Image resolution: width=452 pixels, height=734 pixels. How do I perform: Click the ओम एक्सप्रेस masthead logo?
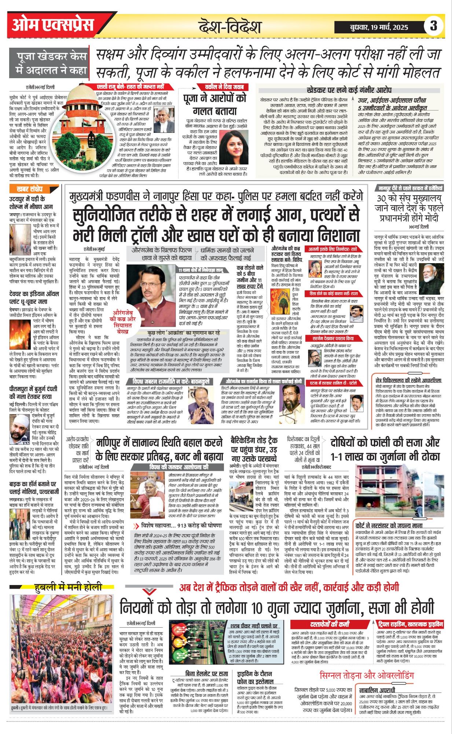point(53,25)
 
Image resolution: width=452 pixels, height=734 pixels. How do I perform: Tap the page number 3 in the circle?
point(434,26)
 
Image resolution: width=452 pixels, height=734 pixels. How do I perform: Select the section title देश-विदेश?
point(230,26)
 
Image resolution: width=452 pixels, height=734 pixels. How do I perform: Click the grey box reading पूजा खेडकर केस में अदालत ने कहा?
point(51,63)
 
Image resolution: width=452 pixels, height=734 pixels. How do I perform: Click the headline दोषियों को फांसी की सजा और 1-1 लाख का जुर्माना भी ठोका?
point(385,449)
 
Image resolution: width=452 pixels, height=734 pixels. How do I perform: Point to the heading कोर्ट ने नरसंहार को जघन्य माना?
point(389,525)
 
